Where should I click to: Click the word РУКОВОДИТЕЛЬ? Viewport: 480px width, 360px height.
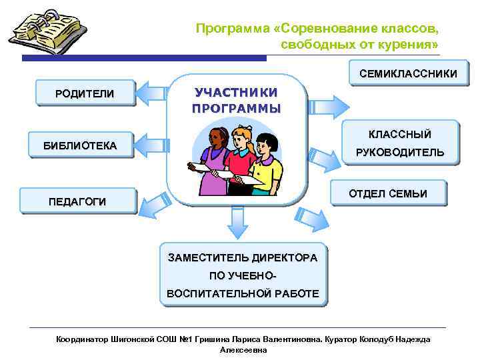(x=400, y=153)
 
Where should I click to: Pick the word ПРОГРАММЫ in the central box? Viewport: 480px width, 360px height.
(x=236, y=109)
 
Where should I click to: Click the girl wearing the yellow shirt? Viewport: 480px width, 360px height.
(x=267, y=163)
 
